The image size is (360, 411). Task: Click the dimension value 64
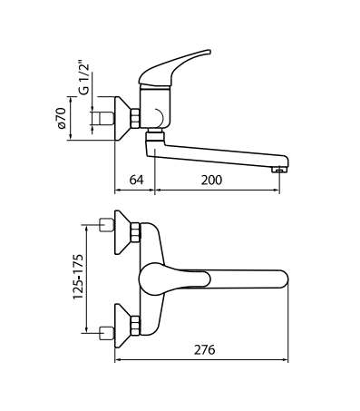[x=136, y=180]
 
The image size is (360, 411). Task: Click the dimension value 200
[x=211, y=180]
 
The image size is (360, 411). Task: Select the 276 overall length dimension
[x=205, y=349]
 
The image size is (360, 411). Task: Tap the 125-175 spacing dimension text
[x=78, y=277]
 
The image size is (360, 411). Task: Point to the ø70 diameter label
[x=62, y=118]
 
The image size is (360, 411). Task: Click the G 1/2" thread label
[x=85, y=79]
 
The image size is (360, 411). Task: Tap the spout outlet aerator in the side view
[x=279, y=171]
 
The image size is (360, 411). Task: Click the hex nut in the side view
[x=135, y=119]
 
